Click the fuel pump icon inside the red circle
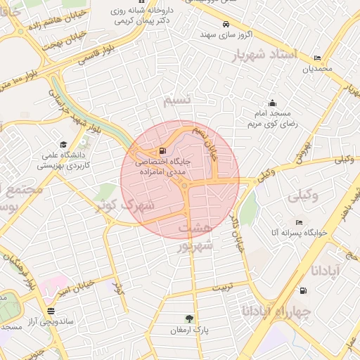click(163, 150)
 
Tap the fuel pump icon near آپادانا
click(303, 290)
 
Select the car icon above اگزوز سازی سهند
click(224, 22)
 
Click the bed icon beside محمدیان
click(317, 58)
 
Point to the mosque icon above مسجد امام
click(272, 103)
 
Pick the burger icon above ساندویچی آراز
click(50, 310)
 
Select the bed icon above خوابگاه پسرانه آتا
click(299, 222)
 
